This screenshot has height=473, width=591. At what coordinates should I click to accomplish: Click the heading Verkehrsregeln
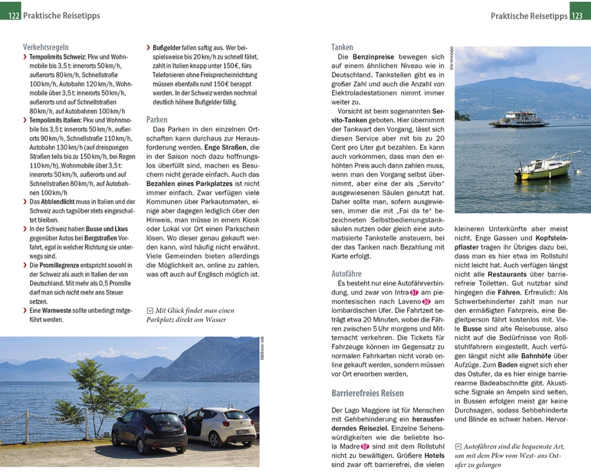point(46,47)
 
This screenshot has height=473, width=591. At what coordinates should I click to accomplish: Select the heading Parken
point(157,119)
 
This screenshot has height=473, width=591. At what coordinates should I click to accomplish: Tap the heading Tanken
point(342,47)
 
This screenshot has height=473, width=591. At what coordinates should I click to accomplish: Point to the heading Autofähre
point(346,274)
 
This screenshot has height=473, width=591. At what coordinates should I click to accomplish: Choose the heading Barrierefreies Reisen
point(368,393)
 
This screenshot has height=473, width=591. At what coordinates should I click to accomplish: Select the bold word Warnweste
point(57,310)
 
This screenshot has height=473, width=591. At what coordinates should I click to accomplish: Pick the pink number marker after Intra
point(414,293)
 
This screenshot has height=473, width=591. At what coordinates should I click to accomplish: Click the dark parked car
point(149,430)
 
